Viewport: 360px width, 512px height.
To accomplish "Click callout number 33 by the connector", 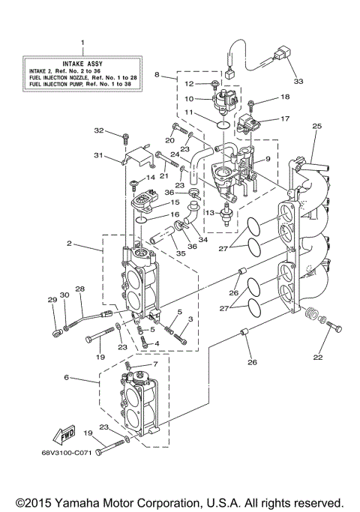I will [x=298, y=81].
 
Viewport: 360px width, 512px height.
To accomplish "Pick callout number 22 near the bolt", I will [x=316, y=357].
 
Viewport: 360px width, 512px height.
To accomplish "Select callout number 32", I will [x=119, y=130].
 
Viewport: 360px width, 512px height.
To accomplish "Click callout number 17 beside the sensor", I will [x=284, y=118].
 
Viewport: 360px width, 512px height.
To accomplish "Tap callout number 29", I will [x=52, y=300].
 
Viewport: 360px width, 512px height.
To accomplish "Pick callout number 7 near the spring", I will [x=155, y=364].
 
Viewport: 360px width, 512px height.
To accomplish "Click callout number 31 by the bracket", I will [x=97, y=155].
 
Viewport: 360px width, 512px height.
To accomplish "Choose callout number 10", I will [x=190, y=98].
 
